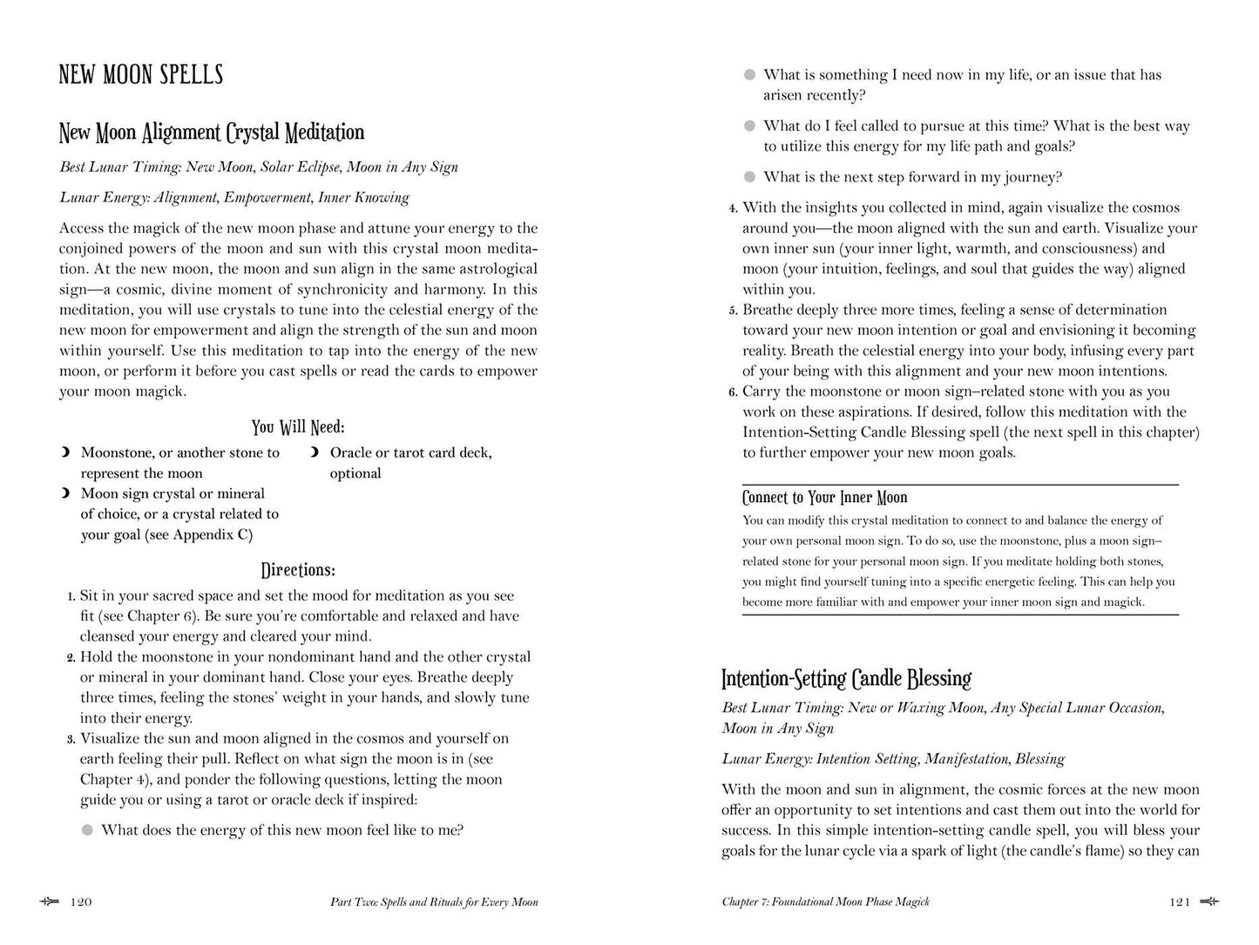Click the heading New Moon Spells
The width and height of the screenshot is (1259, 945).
pyautogui.click(x=141, y=75)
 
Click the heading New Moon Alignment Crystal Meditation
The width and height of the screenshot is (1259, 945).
pyautogui.click(x=212, y=133)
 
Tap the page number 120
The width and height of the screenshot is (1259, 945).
pyautogui.click(x=80, y=902)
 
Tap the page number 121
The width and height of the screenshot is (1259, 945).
pyautogui.click(x=1180, y=902)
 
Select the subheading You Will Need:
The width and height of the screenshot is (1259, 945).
pyautogui.click(x=298, y=427)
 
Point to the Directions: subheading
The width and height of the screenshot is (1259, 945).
pyautogui.click(x=298, y=570)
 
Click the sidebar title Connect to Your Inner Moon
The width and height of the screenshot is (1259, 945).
pyautogui.click(x=824, y=498)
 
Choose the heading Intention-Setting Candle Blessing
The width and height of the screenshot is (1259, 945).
pyautogui.click(x=846, y=678)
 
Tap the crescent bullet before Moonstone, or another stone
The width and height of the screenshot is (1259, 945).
pyautogui.click(x=65, y=453)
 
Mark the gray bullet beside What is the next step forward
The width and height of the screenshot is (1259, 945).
pyautogui.click(x=749, y=178)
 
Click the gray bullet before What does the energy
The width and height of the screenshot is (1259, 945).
pyautogui.click(x=87, y=830)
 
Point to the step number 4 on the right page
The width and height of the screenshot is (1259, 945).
pyautogui.click(x=733, y=208)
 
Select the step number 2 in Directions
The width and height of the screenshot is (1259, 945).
pyautogui.click(x=71, y=657)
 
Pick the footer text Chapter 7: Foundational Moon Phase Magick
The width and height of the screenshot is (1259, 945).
pyautogui.click(x=825, y=902)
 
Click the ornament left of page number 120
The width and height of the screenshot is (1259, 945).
pyautogui.click(x=50, y=902)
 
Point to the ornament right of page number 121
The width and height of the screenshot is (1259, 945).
pyautogui.click(x=1210, y=902)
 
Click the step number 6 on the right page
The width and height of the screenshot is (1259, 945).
pyautogui.click(x=733, y=392)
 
